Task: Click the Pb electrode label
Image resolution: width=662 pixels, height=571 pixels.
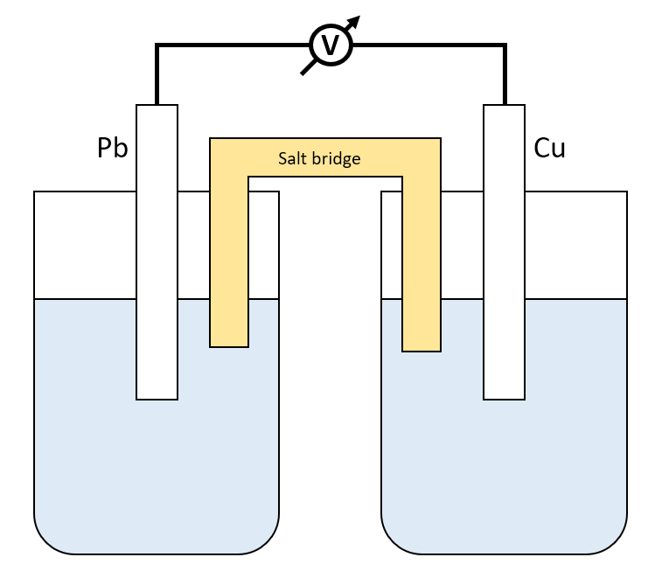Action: pyautogui.click(x=113, y=149)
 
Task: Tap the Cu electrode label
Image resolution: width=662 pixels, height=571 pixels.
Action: pyautogui.click(x=549, y=149)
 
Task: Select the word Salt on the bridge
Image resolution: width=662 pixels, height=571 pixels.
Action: pyautogui.click(x=293, y=158)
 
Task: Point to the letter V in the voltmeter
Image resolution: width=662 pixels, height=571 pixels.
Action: pyautogui.click(x=331, y=45)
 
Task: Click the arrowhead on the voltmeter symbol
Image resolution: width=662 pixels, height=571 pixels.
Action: pyautogui.click(x=357, y=21)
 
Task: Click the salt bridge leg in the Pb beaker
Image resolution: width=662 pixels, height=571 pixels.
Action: pyautogui.click(x=229, y=262)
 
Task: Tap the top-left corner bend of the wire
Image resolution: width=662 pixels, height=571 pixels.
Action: pyautogui.click(x=157, y=45)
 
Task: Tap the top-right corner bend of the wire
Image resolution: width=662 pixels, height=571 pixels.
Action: pyautogui.click(x=505, y=45)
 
